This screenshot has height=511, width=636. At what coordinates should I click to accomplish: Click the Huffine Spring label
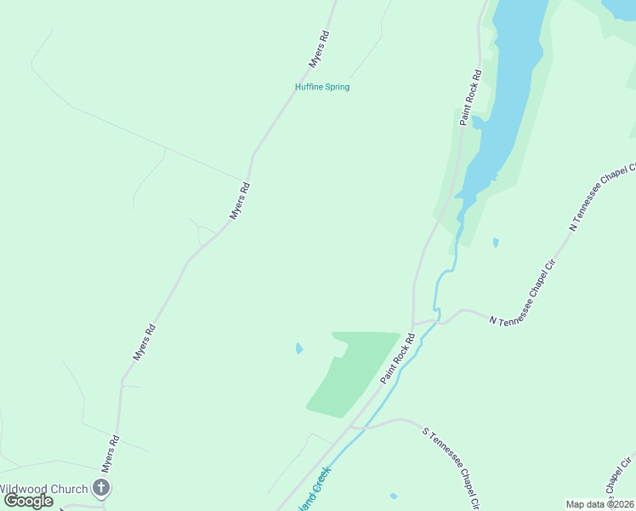(x=321, y=87)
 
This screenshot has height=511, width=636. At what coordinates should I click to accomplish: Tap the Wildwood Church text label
(x=44, y=488)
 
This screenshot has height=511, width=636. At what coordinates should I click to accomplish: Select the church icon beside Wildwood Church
(x=101, y=488)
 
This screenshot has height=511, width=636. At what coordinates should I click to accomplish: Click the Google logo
(x=28, y=501)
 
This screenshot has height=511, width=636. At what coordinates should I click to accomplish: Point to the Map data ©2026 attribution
(x=599, y=504)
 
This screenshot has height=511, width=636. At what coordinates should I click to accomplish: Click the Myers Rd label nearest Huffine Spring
(x=318, y=49)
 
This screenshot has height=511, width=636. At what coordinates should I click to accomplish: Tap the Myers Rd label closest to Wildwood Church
(x=111, y=454)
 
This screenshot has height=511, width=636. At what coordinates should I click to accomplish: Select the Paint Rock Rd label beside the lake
(x=471, y=97)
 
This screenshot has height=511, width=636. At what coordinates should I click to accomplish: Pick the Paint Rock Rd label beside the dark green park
(x=397, y=358)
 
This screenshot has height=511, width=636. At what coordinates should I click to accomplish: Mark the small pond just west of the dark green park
(x=298, y=347)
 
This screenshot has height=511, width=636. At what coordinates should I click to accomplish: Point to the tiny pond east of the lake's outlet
(x=496, y=243)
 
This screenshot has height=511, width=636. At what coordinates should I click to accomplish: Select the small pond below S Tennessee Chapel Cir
(x=393, y=496)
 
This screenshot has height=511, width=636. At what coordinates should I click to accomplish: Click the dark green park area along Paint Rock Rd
(x=349, y=375)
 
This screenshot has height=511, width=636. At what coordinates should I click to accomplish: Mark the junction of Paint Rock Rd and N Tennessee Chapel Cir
(x=413, y=324)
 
